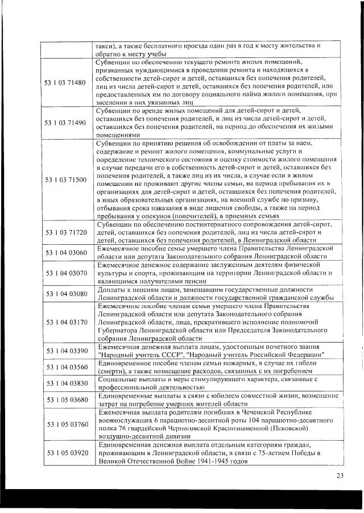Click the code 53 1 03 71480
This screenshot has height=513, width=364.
click(x=65, y=82)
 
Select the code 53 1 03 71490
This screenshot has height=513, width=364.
click(x=65, y=122)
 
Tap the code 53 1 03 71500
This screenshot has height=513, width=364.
click(x=65, y=180)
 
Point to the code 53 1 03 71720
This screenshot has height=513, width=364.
click(x=65, y=232)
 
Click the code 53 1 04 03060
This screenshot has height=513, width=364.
click(x=65, y=252)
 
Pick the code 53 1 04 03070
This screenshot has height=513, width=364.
click(x=65, y=273)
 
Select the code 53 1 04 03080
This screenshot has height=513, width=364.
click(x=65, y=293)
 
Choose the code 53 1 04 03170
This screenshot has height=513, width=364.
click(x=65, y=322)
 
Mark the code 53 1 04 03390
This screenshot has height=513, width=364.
click(x=65, y=351)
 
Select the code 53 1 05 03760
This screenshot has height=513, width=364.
click(x=65, y=424)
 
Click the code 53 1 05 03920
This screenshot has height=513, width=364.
click(x=65, y=453)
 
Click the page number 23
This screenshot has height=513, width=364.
click(x=340, y=475)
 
